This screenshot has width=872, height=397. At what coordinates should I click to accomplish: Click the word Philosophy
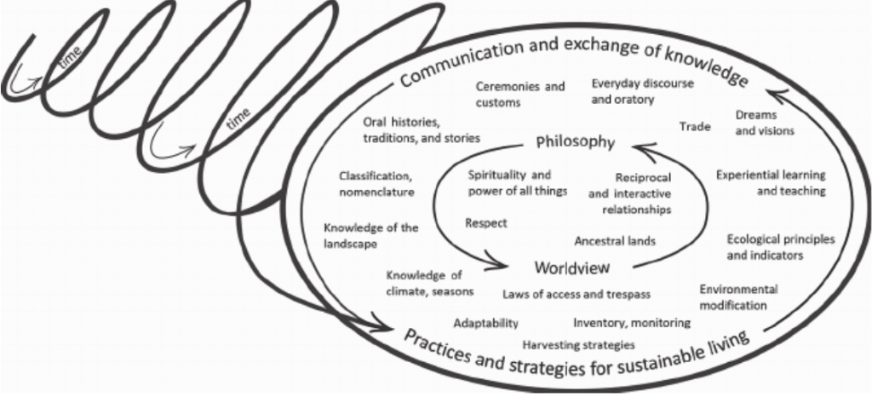tap(575, 142)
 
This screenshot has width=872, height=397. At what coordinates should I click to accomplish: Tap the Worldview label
tap(571, 268)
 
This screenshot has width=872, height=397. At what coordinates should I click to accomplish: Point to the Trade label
tap(695, 127)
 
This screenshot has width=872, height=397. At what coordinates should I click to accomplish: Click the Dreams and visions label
tap(764, 124)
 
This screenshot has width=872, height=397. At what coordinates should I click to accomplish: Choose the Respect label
tap(486, 223)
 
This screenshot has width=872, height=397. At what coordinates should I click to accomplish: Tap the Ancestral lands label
tap(615, 241)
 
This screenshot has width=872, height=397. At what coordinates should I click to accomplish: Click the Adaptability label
tap(485, 324)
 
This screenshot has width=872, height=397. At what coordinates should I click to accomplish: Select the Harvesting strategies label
tap(578, 345)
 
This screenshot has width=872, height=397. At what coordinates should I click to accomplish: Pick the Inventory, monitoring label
tap(631, 323)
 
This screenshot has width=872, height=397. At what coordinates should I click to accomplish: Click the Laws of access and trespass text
tap(577, 294)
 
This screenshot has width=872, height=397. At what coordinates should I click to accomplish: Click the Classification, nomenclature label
tap(376, 184)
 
